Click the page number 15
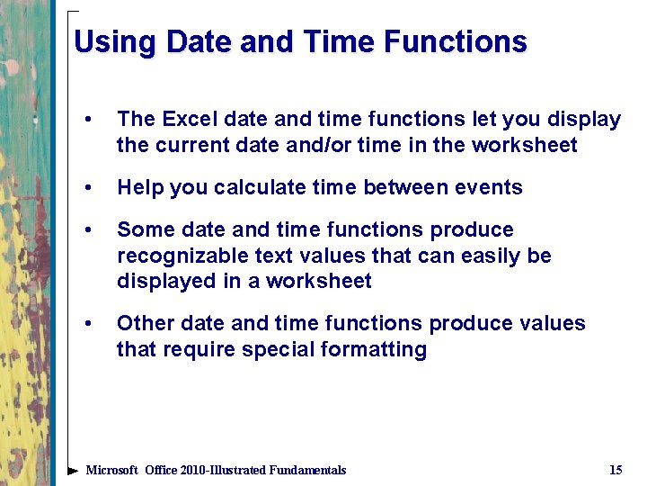pos(616,470)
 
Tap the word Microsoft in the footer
pos(111,470)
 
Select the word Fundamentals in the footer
pos(302,470)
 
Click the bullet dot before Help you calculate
pos(87,188)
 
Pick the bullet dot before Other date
pos(87,324)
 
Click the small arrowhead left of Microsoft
pos(73,471)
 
